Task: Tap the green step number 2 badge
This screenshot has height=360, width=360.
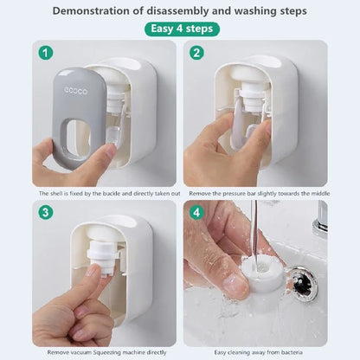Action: click(x=197, y=54)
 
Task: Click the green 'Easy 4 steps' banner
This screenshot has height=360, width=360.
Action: click(x=181, y=29)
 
